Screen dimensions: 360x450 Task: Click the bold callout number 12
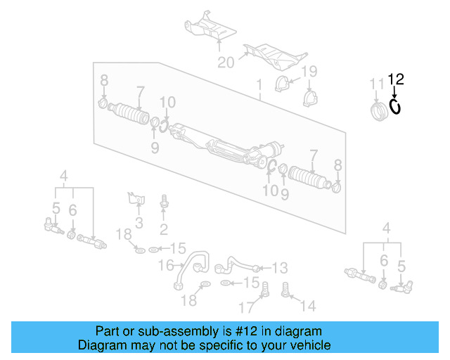point(396,79)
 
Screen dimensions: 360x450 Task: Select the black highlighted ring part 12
point(395,106)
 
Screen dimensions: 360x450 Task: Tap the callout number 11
point(378,84)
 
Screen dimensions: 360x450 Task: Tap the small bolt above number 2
point(164,201)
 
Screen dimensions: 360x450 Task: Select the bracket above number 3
point(136,198)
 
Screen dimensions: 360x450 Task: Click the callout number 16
point(166,265)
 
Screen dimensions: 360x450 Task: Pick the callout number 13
point(280,267)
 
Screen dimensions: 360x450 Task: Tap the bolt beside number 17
point(266,288)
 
